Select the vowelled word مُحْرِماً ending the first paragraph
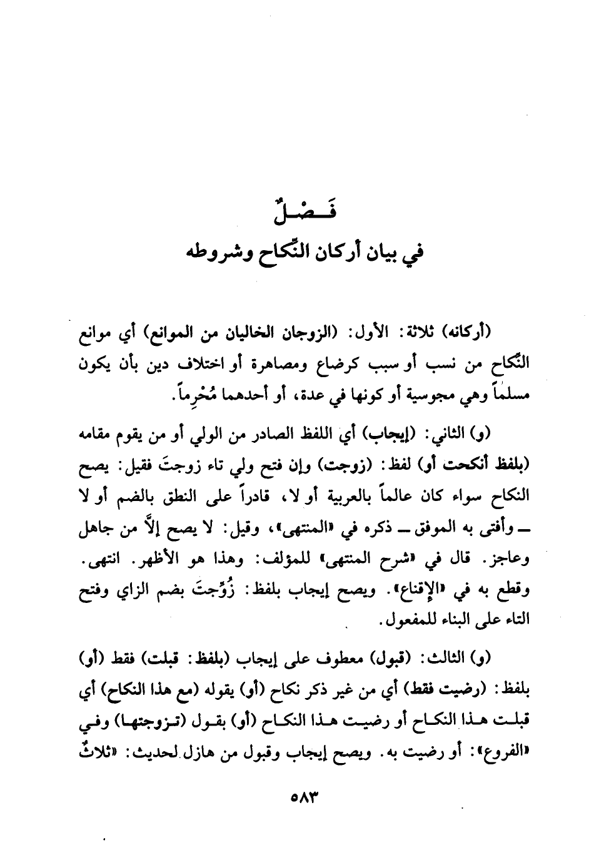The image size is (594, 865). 176,395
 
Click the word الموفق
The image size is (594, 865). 448,529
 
